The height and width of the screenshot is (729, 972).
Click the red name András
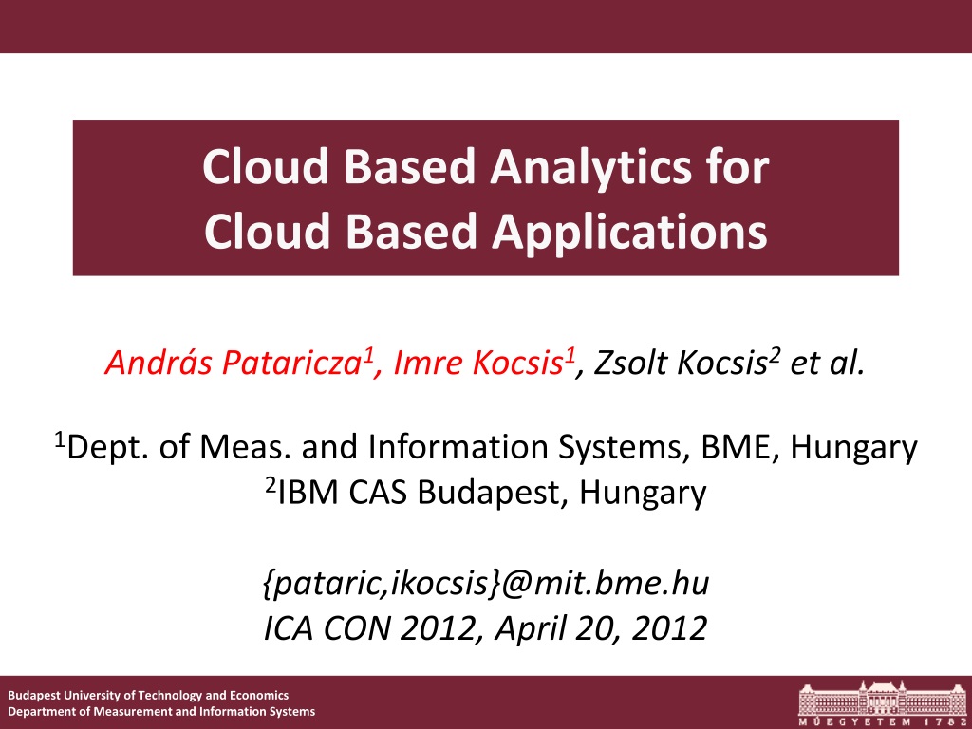(x=159, y=362)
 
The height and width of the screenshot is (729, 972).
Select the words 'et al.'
(x=827, y=363)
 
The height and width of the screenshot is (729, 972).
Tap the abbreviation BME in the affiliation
(x=738, y=447)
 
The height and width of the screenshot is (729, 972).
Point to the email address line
(x=486, y=584)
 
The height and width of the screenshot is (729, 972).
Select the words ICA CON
(x=327, y=628)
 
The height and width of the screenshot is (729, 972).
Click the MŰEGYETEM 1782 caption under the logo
(x=882, y=721)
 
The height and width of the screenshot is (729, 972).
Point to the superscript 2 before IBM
(x=271, y=485)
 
